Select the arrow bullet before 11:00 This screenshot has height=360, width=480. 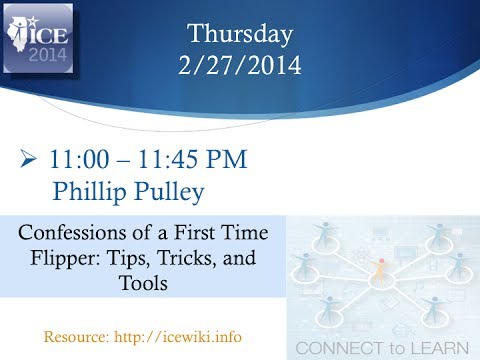(28, 159)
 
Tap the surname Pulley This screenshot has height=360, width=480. (177, 188)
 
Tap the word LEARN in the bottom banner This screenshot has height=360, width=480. (443, 348)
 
